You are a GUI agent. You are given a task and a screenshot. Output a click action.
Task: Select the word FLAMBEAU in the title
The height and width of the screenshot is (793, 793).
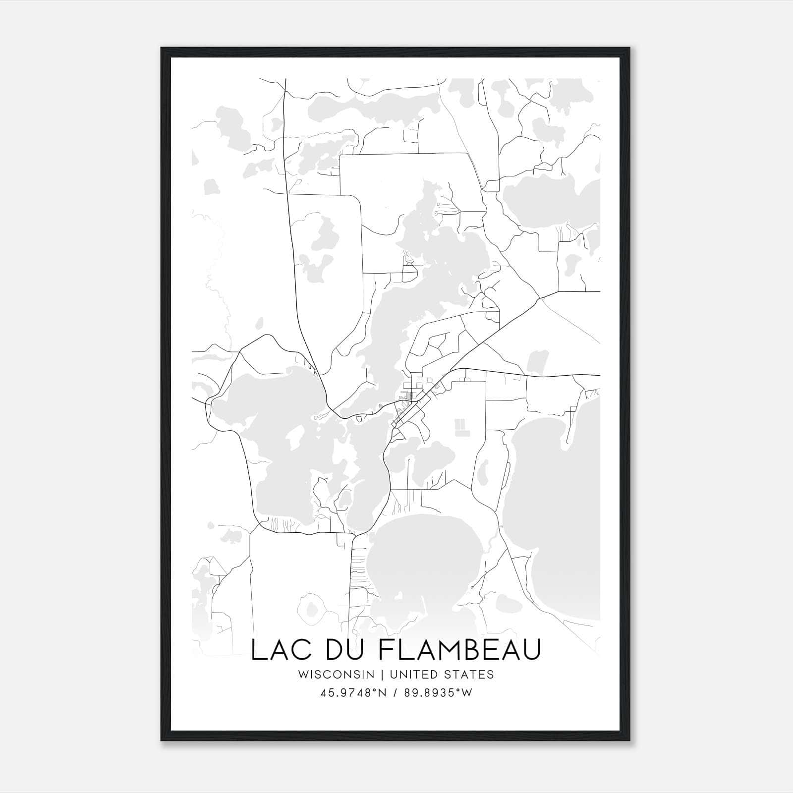click(x=465, y=650)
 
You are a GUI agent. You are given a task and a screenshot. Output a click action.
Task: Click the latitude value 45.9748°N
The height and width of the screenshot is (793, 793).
click(x=352, y=693)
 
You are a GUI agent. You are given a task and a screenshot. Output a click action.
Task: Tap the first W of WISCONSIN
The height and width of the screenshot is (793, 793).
click(x=303, y=675)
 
